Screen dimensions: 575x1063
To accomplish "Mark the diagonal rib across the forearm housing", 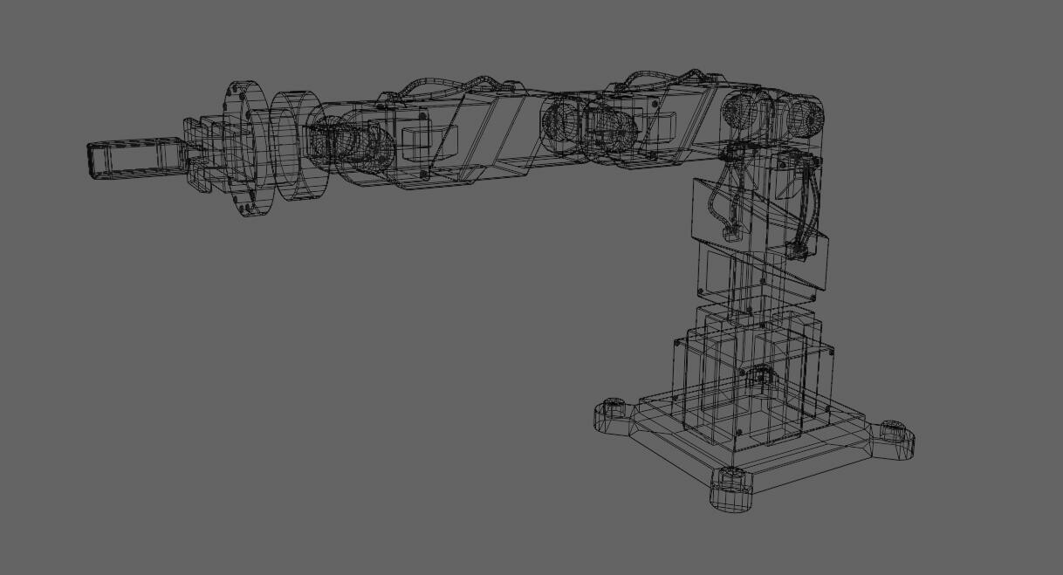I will pos(489,131).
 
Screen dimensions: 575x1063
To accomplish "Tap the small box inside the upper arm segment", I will pos(661,126).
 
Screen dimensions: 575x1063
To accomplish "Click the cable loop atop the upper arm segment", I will pos(663,79).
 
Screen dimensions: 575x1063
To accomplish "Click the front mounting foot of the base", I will pos(730,491).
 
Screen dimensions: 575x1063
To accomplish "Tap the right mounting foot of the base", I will pos(895,436).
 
